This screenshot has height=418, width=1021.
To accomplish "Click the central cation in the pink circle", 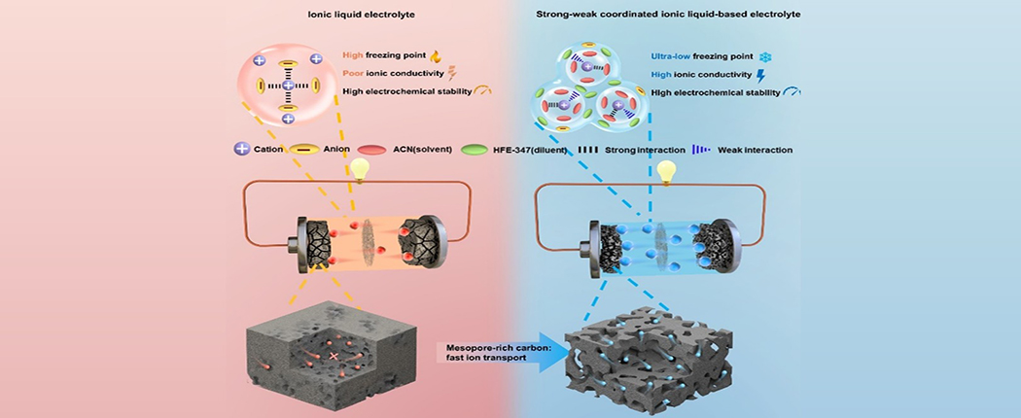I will click(288, 86).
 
